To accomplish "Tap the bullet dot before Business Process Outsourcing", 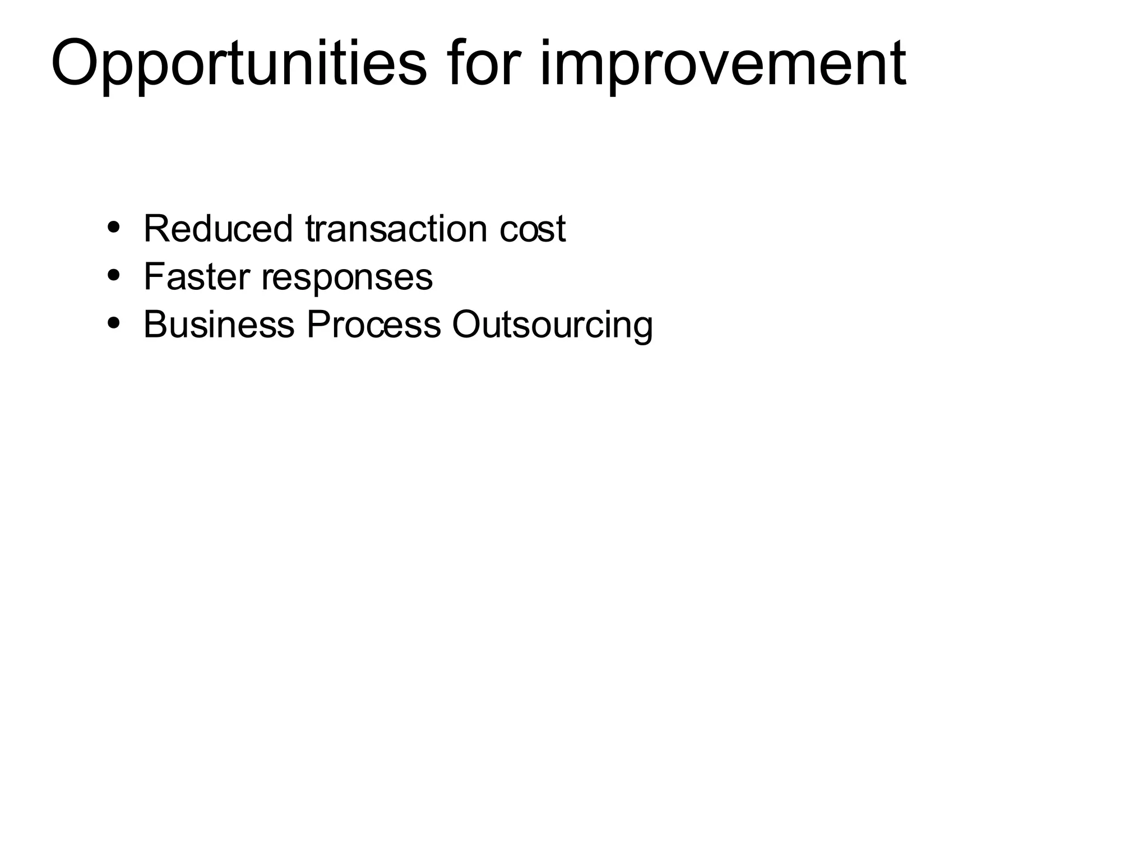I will coord(114,323).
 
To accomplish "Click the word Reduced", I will coord(218,229).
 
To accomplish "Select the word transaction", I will coord(396,229).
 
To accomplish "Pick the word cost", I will coord(533,229).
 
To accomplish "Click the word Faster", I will coord(197,276).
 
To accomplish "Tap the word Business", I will coord(219,325).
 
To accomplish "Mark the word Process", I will coord(373,325).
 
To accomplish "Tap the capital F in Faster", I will coord(154,276).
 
